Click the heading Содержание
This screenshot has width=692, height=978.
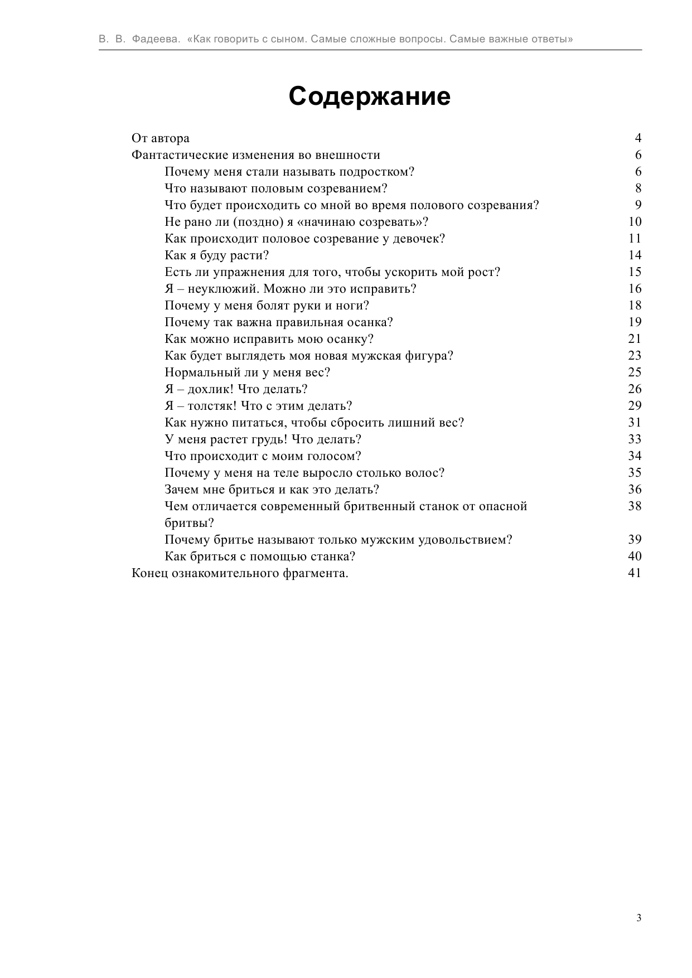click(369, 96)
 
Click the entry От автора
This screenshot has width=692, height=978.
click(161, 138)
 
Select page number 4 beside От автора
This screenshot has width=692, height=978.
click(638, 138)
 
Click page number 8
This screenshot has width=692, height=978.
click(638, 188)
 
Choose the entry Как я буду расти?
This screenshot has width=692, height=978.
click(217, 255)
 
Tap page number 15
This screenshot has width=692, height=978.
click(635, 272)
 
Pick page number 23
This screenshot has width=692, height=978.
click(635, 356)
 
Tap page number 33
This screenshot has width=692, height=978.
click(635, 439)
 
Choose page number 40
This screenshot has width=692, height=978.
click(635, 556)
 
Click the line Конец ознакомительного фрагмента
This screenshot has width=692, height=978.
click(240, 573)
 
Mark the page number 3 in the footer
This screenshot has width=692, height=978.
click(638, 918)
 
